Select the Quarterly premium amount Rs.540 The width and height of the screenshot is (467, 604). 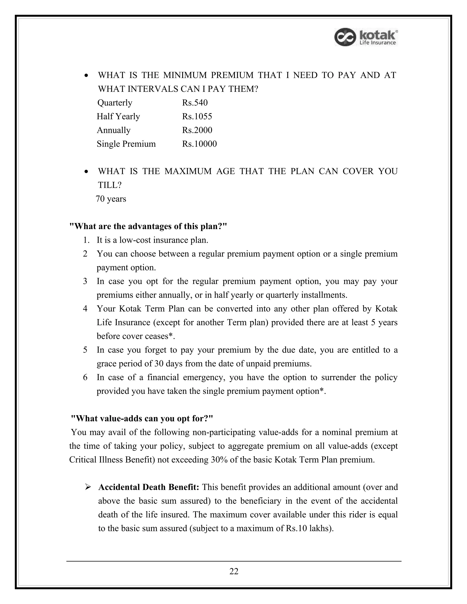[x=195, y=103]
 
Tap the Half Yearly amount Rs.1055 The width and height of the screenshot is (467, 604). [x=197, y=116]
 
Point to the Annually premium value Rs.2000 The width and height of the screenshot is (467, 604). [x=197, y=130]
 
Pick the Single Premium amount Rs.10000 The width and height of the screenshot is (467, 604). [x=199, y=144]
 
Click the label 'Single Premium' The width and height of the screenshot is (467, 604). [x=126, y=144]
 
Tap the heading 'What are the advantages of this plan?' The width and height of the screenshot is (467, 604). [x=148, y=227]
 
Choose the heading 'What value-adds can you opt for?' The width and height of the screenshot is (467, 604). [x=142, y=418]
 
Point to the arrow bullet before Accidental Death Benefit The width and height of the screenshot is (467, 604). [x=88, y=487]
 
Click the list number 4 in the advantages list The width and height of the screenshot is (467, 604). [x=85, y=309]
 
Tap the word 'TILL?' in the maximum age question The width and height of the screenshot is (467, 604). [x=110, y=185]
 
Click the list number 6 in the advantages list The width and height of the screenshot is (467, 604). [x=85, y=377]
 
